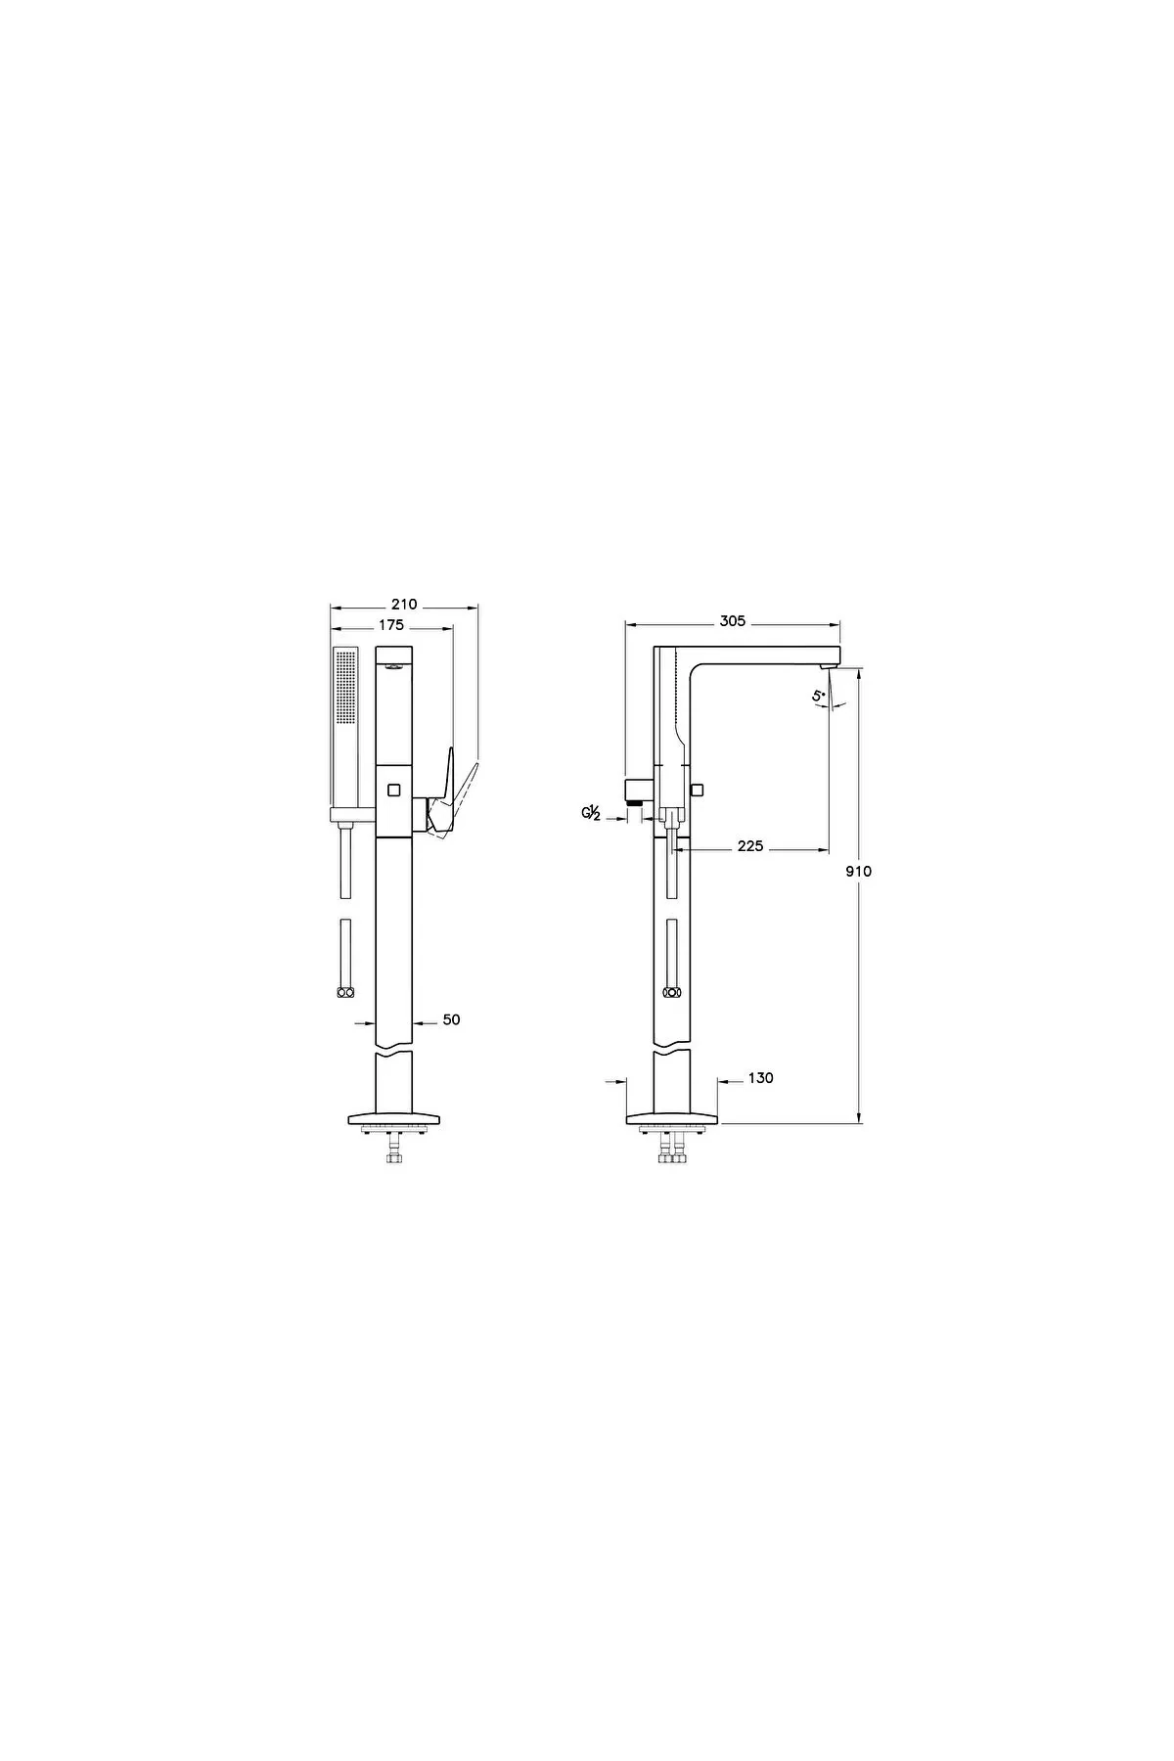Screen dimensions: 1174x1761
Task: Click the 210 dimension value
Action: [x=403, y=605]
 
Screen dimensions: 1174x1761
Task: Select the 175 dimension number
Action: [x=391, y=625]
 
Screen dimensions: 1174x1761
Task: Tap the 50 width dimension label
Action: [x=451, y=1019]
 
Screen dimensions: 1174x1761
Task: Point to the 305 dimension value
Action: [x=733, y=620]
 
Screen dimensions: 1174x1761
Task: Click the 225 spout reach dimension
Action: [x=750, y=846]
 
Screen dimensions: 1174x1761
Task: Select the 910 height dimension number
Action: [x=858, y=871]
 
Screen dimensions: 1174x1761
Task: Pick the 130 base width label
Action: [x=760, y=1078]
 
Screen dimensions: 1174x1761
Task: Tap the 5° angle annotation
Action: [x=818, y=696]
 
